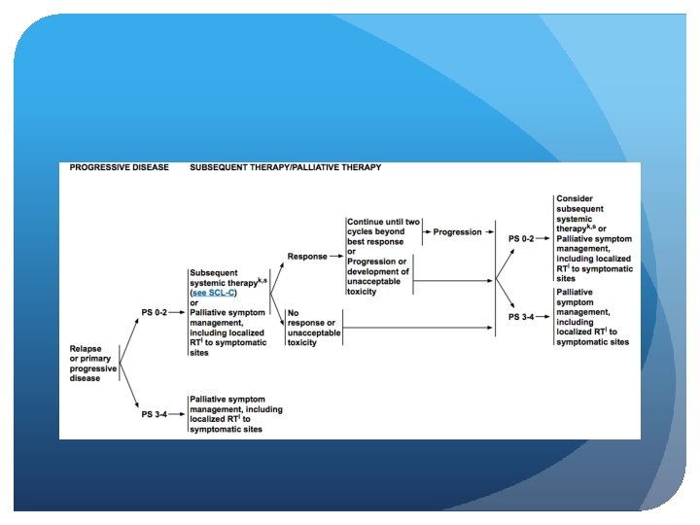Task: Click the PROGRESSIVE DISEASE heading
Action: [118, 167]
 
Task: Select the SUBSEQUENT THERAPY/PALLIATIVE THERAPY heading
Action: [285, 167]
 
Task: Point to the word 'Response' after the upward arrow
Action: [307, 257]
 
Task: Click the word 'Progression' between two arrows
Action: [457, 232]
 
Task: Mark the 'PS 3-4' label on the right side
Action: [522, 317]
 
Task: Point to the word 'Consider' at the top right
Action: [574, 198]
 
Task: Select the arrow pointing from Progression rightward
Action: [489, 232]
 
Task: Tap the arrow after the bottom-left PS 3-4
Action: [180, 414]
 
